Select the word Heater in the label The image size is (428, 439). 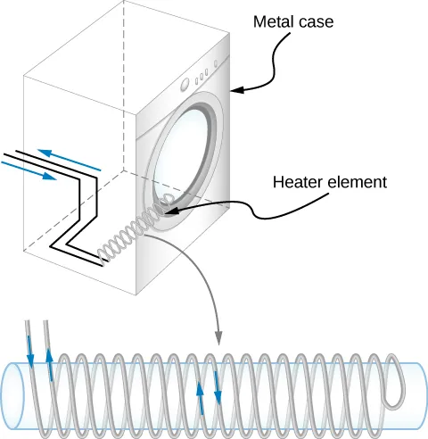pos(294,183)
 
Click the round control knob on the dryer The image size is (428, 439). pos(185,87)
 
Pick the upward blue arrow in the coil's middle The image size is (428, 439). pos(200,393)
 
